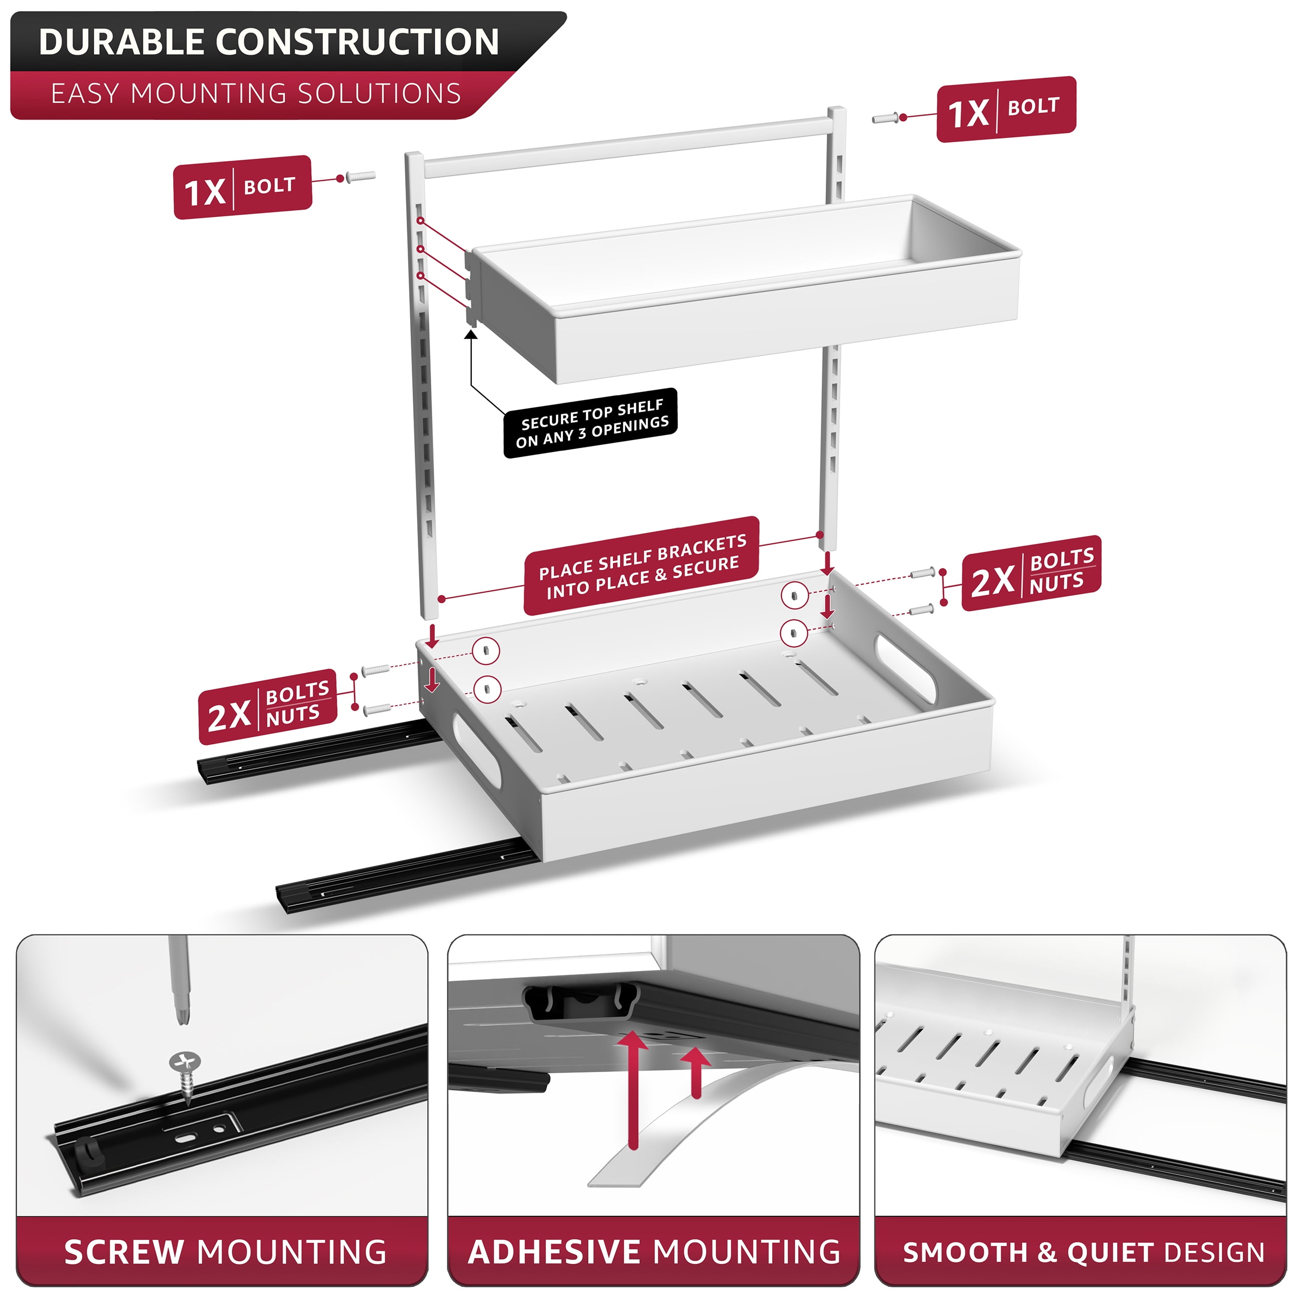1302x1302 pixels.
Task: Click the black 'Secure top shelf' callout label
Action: [591, 424]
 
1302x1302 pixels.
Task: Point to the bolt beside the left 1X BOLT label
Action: [361, 177]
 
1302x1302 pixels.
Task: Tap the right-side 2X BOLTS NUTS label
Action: [1031, 573]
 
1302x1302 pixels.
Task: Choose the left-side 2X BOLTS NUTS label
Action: [267, 707]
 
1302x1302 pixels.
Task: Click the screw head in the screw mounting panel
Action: [185, 1063]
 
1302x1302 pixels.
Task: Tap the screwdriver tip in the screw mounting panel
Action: [179, 1014]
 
